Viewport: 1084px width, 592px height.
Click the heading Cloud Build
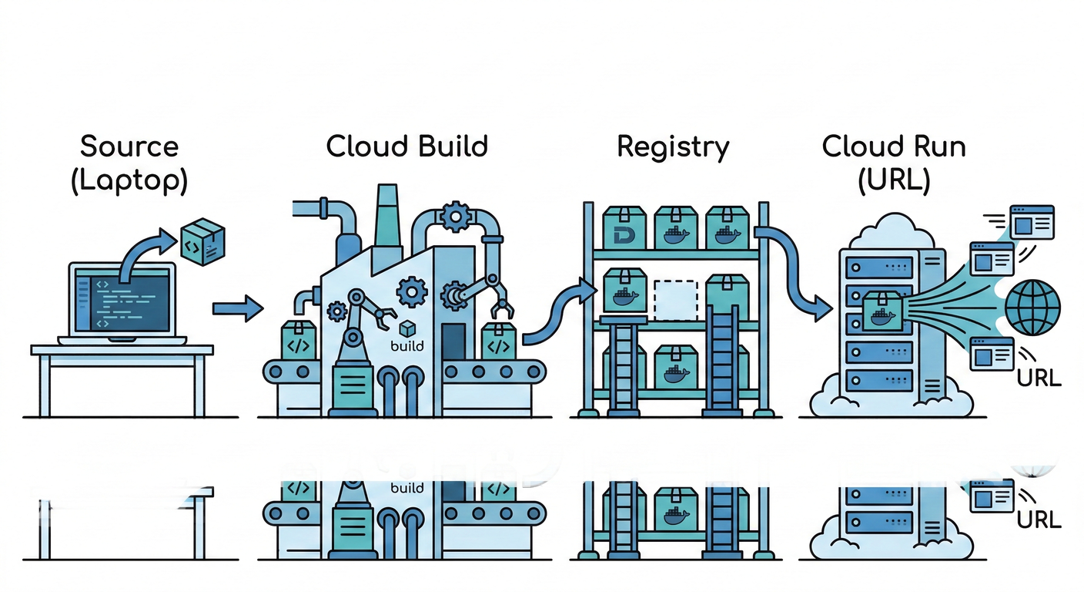pyautogui.click(x=406, y=146)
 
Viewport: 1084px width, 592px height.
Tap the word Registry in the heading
pyautogui.click(x=673, y=146)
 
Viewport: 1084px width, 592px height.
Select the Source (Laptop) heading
pyautogui.click(x=129, y=163)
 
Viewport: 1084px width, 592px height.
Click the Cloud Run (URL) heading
pyautogui.click(x=893, y=163)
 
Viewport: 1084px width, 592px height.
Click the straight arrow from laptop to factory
pyautogui.click(x=237, y=309)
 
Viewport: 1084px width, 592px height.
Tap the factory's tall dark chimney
pyautogui.click(x=385, y=216)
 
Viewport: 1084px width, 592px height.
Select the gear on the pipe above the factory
pyautogui.click(x=456, y=217)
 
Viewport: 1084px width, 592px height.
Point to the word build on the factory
pyautogui.click(x=407, y=345)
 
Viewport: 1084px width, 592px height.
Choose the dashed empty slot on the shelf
pyautogui.click(x=675, y=300)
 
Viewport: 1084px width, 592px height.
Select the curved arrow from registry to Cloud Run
pyautogui.click(x=793, y=262)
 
